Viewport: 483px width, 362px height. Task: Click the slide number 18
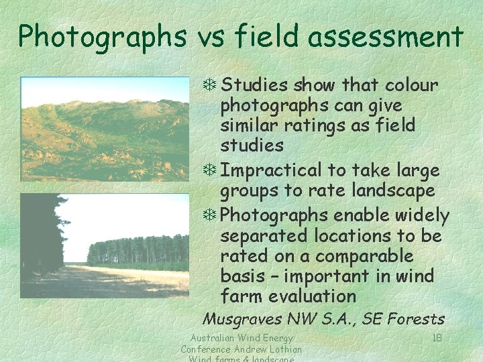[x=436, y=339]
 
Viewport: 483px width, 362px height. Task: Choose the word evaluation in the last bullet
[x=312, y=296]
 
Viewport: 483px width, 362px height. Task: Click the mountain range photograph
[x=105, y=129]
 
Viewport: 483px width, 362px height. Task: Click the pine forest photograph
[x=105, y=245]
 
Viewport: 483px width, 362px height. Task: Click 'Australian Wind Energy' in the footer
[x=242, y=339]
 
